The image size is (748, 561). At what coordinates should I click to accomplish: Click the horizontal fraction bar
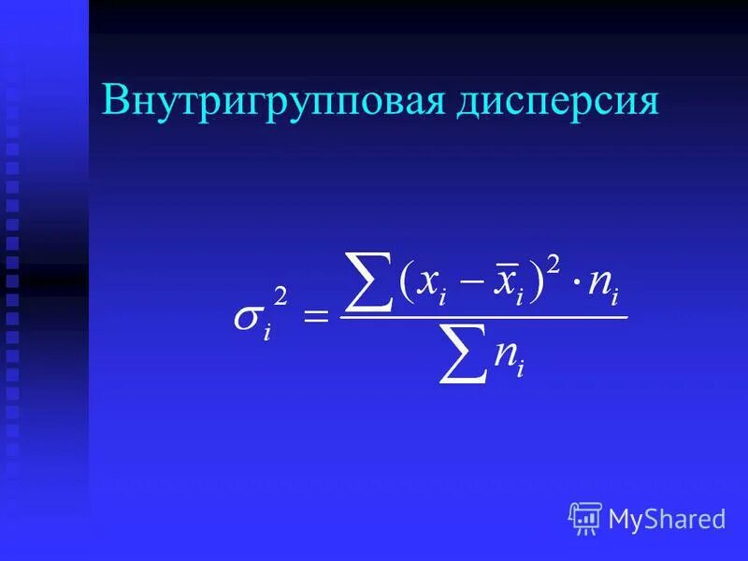(x=482, y=318)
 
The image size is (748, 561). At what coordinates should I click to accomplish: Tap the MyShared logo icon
(x=585, y=518)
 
